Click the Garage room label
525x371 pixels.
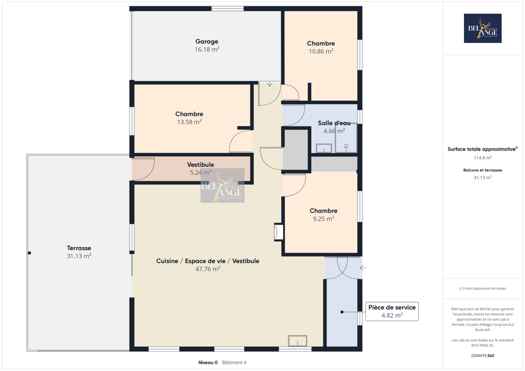coord(206,41)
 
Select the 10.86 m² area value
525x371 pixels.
coord(321,51)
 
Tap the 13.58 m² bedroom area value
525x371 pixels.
coord(189,122)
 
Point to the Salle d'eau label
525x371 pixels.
coord(334,123)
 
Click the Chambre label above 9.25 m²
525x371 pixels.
coord(323,211)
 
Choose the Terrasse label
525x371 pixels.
coord(79,248)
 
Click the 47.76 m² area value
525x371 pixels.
coord(207,269)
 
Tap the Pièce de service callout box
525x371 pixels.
coord(392,311)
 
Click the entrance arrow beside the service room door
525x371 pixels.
coord(362,268)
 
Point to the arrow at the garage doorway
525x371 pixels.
coord(269,84)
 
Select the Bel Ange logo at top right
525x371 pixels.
coord(482,28)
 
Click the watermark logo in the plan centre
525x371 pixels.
coord(222,185)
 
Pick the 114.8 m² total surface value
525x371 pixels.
coord(482,158)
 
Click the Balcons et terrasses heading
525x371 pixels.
coord(482,170)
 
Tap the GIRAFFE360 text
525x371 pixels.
coord(482,356)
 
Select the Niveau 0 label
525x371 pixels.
coord(208,363)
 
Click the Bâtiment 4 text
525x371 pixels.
coord(234,363)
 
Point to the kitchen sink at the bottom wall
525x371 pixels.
coord(297,341)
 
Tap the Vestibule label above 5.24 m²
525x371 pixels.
coord(200,165)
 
